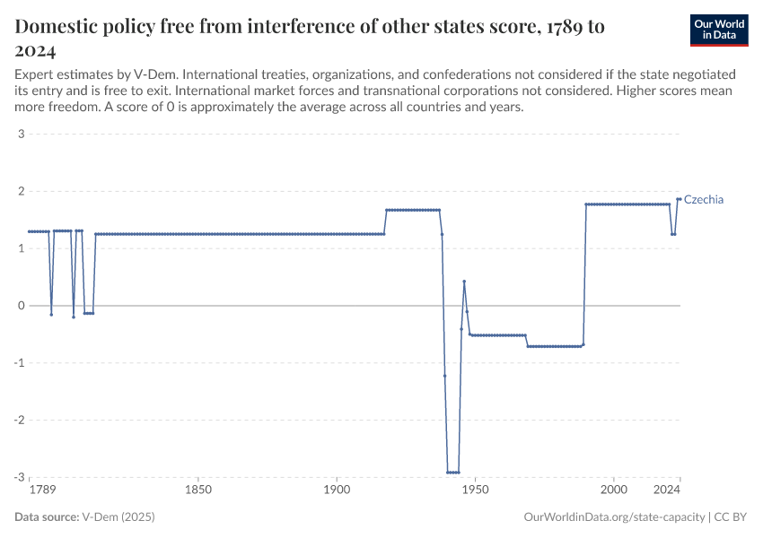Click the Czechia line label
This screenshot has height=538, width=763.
pos(703,200)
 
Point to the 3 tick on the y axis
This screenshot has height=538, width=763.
pos(20,134)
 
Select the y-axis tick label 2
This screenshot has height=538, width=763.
pos(20,192)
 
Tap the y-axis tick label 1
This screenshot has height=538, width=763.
pos(20,248)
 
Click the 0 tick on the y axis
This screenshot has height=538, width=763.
pos(20,306)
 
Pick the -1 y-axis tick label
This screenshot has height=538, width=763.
pos(18,363)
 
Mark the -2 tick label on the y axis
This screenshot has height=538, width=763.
pos(18,420)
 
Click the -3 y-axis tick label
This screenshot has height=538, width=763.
pos(18,477)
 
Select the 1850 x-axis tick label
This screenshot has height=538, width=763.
pos(198,490)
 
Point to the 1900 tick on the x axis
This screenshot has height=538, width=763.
pos(337,490)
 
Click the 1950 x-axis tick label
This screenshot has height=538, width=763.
pos(475,490)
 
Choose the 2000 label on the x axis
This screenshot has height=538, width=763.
pos(614,490)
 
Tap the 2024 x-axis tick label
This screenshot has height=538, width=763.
pos(667,490)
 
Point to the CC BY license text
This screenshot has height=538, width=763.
pos(732,517)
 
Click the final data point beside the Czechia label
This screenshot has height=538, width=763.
pos(680,199)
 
